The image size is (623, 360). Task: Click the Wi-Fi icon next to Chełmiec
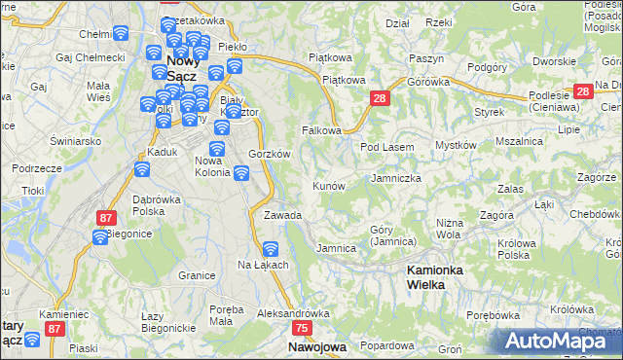(120, 33)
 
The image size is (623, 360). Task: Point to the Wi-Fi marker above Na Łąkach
(271, 249)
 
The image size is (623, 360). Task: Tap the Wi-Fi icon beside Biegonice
(100, 237)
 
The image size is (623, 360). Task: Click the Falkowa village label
(320, 130)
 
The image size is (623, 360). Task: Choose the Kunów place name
(328, 185)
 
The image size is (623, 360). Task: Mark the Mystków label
(456, 145)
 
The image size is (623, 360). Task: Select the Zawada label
(282, 215)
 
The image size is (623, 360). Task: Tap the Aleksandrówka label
(294, 314)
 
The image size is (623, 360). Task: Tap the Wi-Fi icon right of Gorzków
(240, 174)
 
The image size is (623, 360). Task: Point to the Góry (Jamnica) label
(393, 235)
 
